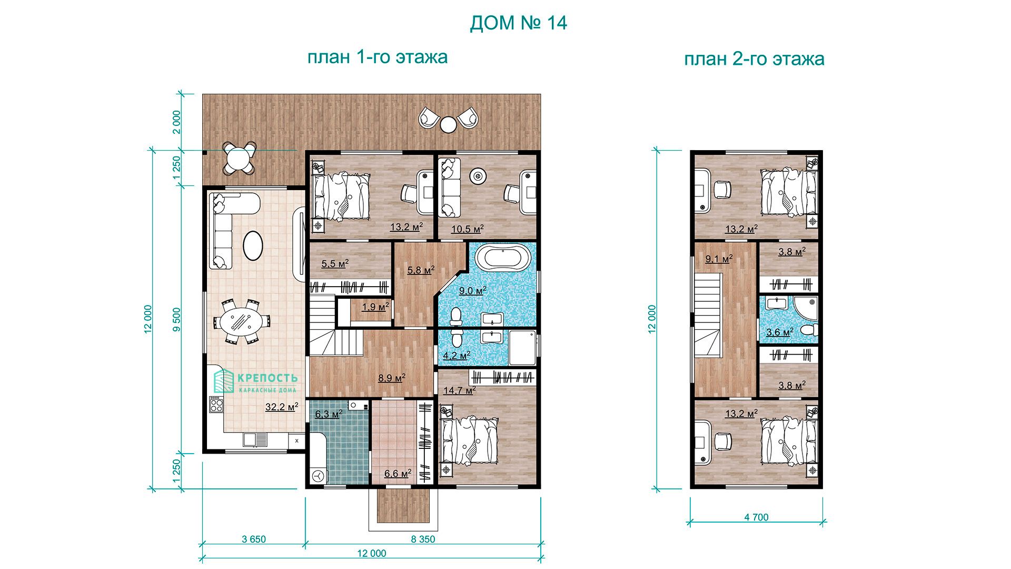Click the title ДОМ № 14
tap(518, 23)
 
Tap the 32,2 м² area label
tap(282, 407)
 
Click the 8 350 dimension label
tap(423, 539)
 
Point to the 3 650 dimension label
tap(254, 539)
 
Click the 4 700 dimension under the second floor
tap(756, 517)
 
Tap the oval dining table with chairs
tap(242, 321)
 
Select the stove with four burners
tap(216, 404)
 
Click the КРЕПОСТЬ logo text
tap(267, 378)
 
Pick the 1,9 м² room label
tap(375, 307)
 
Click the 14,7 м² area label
tap(459, 390)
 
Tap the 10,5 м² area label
tap(467, 229)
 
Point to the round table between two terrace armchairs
tap(448, 125)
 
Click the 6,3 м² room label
tap(329, 414)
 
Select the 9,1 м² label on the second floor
tap(719, 259)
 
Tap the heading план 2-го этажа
tap(754, 59)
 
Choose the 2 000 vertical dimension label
tap(177, 122)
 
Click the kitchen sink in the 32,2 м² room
tap(255, 439)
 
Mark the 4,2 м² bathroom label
tap(457, 356)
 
